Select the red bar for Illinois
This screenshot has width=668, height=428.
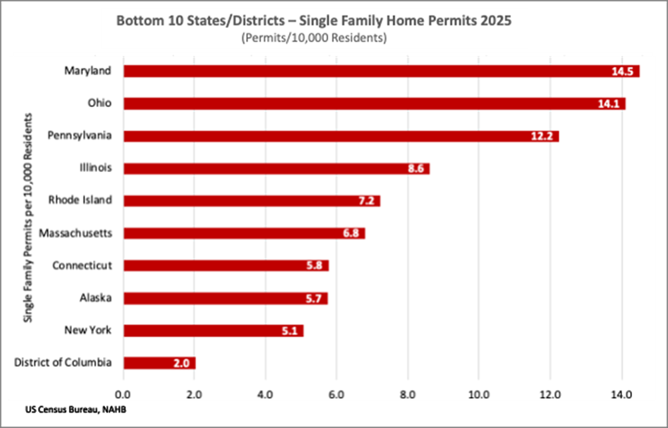point(276,169)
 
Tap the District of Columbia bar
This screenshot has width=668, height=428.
point(159,363)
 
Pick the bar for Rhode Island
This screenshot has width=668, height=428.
point(251,201)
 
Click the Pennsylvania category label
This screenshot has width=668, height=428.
point(80,136)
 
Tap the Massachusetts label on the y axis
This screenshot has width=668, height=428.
point(76,233)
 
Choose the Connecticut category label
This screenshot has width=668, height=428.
point(82,266)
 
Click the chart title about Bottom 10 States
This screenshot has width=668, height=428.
point(314,21)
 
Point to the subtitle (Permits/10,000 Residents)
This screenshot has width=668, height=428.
point(314,38)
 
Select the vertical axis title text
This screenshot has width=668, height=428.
point(29,218)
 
